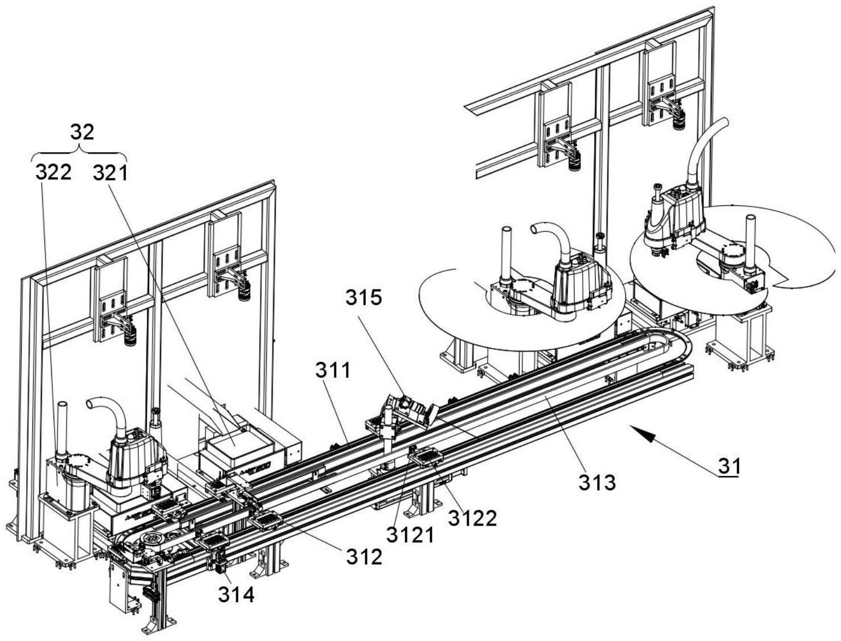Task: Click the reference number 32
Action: click(x=82, y=132)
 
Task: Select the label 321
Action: click(x=111, y=172)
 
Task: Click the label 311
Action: click(x=333, y=371)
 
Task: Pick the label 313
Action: click(x=597, y=482)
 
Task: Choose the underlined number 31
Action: click(x=729, y=466)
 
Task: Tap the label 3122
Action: click(x=472, y=518)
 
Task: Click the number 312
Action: click(x=364, y=557)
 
